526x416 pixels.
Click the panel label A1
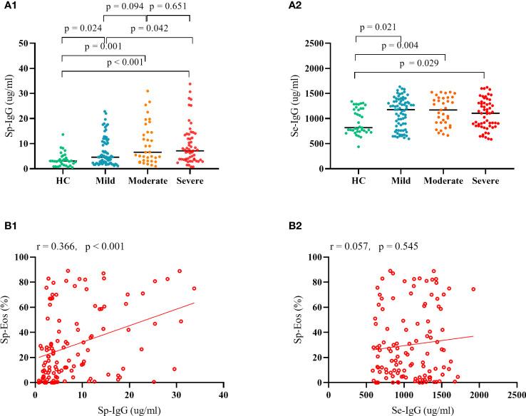click(x=10, y=6)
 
